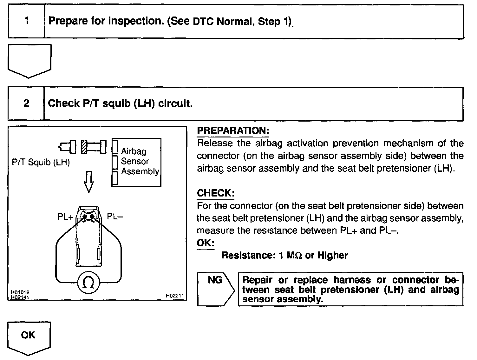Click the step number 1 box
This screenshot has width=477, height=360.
pyautogui.click(x=27, y=21)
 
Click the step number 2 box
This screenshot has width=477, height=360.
pyautogui.click(x=26, y=103)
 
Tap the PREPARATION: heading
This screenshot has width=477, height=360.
pyautogui.click(x=233, y=130)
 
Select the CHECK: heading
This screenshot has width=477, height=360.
pyautogui.click(x=216, y=193)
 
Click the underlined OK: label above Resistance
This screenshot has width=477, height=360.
pyautogui.click(x=206, y=243)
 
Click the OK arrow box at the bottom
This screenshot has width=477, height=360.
pyautogui.click(x=29, y=337)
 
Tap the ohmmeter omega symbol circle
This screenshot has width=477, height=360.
pyautogui.click(x=89, y=282)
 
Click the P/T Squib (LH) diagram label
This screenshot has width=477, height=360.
pyautogui.click(x=41, y=163)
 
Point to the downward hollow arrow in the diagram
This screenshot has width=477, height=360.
pyautogui.click(x=89, y=182)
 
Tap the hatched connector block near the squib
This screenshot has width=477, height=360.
pyautogui.click(x=84, y=147)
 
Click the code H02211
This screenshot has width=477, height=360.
pyautogui.click(x=174, y=296)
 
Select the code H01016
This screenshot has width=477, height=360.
pyautogui.click(x=18, y=292)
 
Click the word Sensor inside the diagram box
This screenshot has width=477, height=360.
pyautogui.click(x=135, y=161)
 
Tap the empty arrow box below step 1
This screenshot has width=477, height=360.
pyautogui.click(x=29, y=60)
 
